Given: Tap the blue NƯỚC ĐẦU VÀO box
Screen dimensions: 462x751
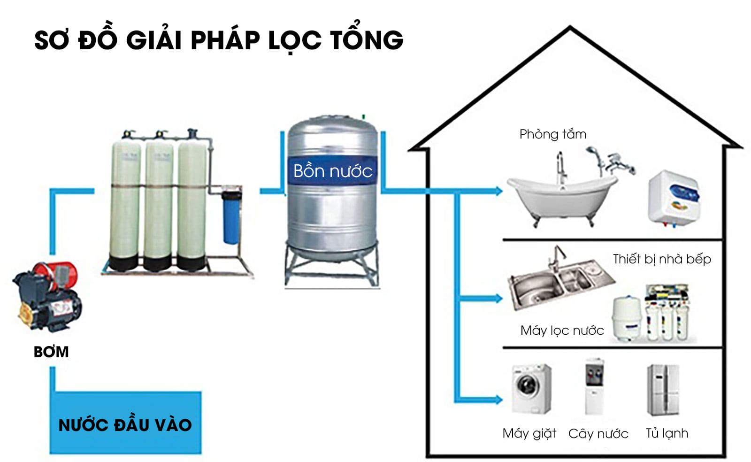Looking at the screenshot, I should tap(125, 424).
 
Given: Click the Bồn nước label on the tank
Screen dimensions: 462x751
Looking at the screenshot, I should tap(332, 171).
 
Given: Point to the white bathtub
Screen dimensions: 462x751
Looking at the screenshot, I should tap(561, 197).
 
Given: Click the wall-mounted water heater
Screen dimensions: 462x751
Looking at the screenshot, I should tap(674, 197).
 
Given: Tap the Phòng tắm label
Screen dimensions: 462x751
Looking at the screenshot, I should tap(552, 134).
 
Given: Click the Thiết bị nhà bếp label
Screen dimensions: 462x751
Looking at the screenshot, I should tap(662, 259).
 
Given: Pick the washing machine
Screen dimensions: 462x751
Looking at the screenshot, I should tap(531, 389).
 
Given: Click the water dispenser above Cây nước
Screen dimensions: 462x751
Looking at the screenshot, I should tap(594, 387).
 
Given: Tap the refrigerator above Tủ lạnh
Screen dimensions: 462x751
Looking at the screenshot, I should tap(663, 390).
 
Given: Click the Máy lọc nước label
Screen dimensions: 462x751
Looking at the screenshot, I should tap(562, 331).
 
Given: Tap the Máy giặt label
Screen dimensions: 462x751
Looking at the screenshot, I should tap(529, 433).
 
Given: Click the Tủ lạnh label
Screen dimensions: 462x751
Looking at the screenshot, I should tap(667, 433).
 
